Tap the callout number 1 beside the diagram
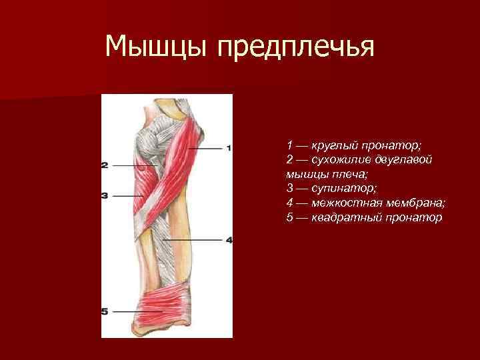point(229,148)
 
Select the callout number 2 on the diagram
point(105,165)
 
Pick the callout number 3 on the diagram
point(105,196)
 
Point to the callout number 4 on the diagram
point(229,240)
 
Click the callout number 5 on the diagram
point(105,311)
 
